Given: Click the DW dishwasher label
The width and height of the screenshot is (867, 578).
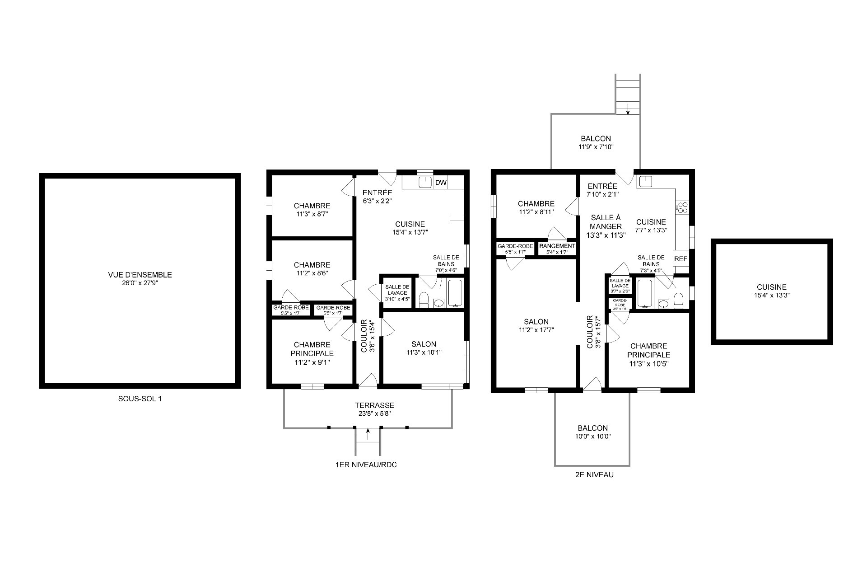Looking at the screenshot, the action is coord(440,183).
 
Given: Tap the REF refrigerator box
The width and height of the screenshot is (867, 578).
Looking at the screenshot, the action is coord(681,259).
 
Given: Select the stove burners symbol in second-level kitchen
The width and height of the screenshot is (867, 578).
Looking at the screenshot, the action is coord(682,208).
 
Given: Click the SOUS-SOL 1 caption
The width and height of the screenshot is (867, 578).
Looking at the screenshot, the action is coord(140,399).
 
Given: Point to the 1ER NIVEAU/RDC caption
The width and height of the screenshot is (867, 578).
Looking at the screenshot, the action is coord(366,465).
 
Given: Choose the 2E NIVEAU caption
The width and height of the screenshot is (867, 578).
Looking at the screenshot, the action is coord(591,475).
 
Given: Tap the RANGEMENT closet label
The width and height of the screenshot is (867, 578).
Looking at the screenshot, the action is coord(557,246).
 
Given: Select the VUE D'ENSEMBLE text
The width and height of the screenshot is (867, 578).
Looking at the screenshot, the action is coord(140,275).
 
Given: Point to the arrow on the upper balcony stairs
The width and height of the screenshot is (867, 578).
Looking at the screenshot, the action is coord(628,109).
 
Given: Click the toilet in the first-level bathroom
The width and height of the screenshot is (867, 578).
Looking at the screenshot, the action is coord(424,300).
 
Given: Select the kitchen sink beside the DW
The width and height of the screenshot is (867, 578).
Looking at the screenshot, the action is coord(424,182).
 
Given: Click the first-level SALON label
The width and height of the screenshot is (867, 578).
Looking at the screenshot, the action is coord(424,344).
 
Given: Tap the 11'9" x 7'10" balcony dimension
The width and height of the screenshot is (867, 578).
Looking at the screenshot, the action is coord(596,147).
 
